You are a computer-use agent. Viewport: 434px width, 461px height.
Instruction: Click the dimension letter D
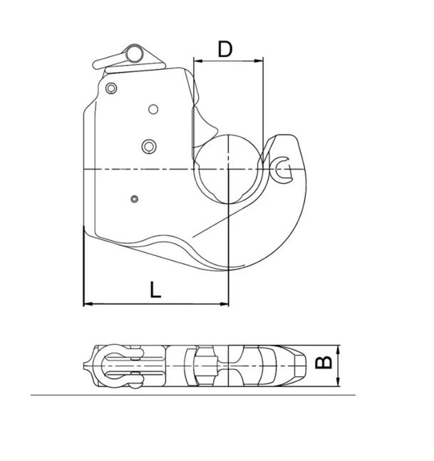click(x=225, y=49)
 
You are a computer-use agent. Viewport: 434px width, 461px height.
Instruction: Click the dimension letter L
click(x=155, y=289)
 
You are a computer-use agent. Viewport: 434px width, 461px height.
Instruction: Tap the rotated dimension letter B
click(x=324, y=363)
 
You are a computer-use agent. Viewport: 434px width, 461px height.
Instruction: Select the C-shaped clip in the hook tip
click(x=282, y=167)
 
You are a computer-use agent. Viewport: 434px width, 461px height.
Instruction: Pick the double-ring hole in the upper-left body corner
click(x=110, y=88)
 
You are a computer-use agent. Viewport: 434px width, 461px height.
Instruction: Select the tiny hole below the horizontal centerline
click(x=134, y=198)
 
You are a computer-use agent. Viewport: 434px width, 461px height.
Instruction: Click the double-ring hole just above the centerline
click(x=148, y=145)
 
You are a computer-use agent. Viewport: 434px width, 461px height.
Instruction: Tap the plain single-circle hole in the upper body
click(x=153, y=109)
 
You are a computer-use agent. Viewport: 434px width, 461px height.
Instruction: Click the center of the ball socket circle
click(x=228, y=168)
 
